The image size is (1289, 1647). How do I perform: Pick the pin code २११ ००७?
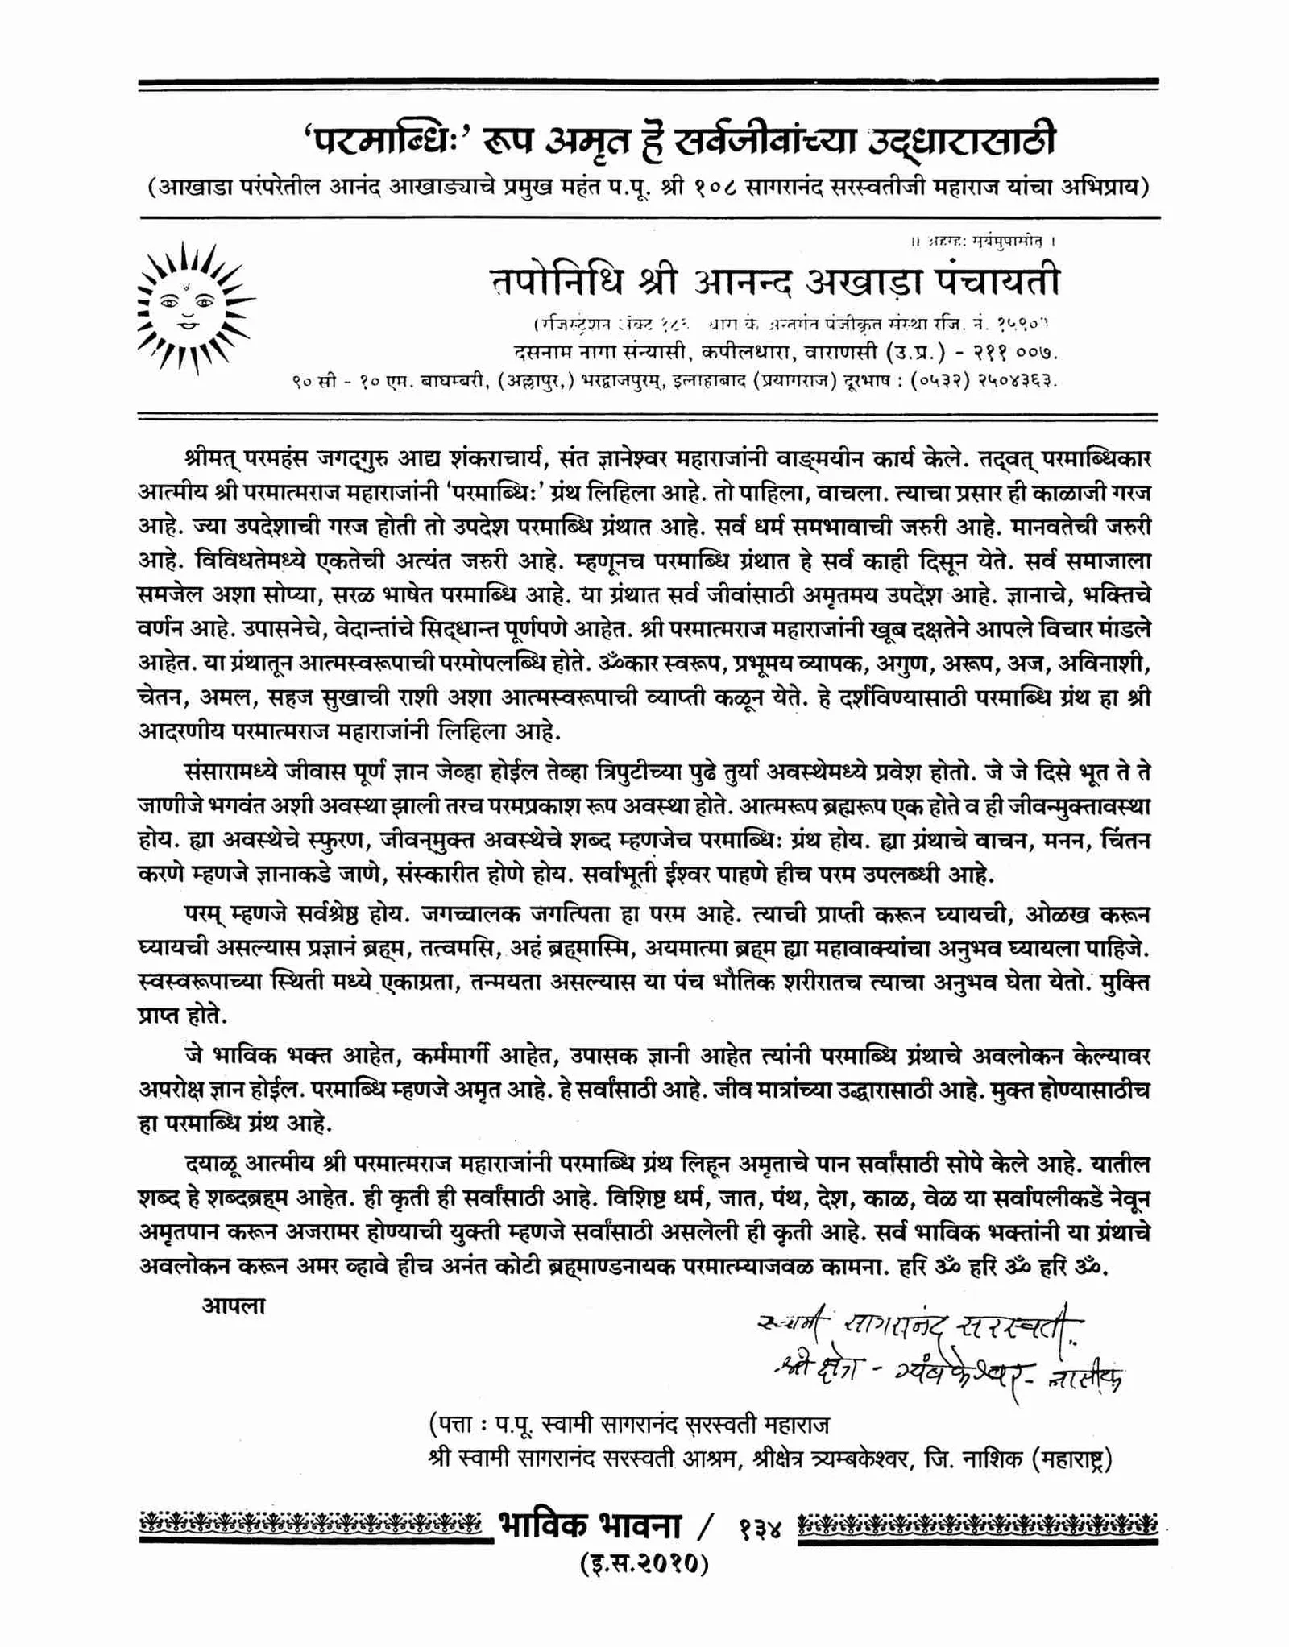pyautogui.click(x=1010, y=353)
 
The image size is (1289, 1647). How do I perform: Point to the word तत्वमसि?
pyautogui.click(x=462, y=949)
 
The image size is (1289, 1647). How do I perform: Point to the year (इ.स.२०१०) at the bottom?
pyautogui.click(x=644, y=1564)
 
